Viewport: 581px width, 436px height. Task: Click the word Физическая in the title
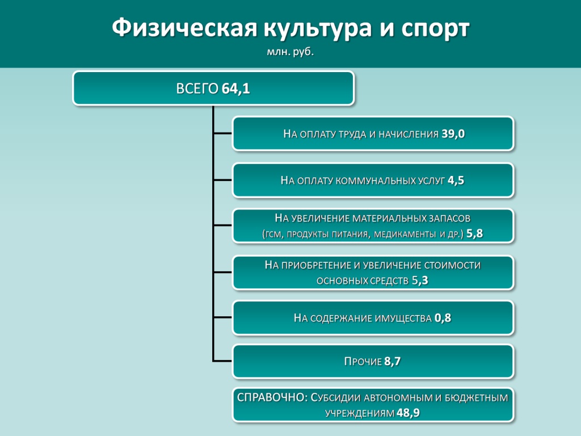point(184,28)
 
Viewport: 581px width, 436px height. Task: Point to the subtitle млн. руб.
point(290,52)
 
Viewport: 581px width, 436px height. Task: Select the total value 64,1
point(235,89)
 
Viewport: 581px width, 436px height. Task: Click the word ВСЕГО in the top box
point(197,89)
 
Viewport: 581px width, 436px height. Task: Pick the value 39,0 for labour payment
point(453,134)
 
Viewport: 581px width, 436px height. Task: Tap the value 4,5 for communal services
point(456,180)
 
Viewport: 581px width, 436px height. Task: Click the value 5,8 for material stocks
point(475,233)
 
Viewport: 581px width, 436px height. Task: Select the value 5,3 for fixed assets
point(420,280)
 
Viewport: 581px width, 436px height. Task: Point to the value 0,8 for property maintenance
point(443,318)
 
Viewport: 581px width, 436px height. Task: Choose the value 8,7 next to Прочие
point(393,361)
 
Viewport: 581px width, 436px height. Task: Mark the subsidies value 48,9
point(408,413)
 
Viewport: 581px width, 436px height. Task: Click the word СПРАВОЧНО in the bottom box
point(271,397)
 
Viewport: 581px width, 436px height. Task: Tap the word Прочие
point(363,361)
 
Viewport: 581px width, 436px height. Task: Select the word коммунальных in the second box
point(376,181)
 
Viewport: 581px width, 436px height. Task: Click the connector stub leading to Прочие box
point(222,360)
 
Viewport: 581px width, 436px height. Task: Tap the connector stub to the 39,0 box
point(222,133)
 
